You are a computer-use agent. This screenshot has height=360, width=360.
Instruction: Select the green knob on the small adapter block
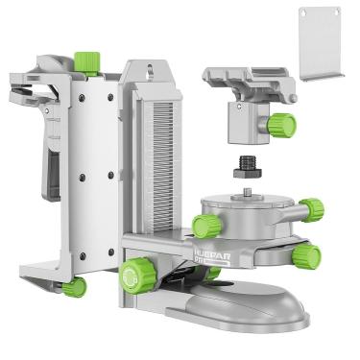coord(281,125)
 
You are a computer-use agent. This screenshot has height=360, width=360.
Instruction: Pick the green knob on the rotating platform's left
coord(204,226)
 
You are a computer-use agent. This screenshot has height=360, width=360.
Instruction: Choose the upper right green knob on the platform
coord(310,209)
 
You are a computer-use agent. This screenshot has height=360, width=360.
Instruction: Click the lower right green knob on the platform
coord(306,254)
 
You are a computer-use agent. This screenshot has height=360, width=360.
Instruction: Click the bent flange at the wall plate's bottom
coord(326,74)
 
